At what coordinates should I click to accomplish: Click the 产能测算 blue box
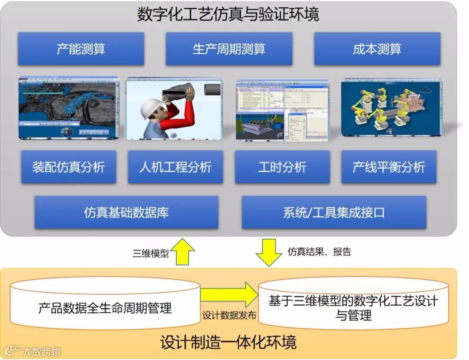[81, 49]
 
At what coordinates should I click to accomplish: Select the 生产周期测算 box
[229, 49]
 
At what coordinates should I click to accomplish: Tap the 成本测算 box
[377, 49]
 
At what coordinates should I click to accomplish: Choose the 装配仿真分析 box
[69, 167]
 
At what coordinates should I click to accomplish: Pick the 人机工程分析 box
[175, 167]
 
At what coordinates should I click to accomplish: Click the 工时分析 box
[282, 167]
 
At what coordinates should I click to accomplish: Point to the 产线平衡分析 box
[389, 167]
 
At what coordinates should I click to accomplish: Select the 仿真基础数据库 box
[126, 212]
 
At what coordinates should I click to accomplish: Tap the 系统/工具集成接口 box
[334, 212]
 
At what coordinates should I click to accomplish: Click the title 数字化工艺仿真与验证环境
[228, 14]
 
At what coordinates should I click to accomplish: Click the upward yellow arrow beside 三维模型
[182, 251]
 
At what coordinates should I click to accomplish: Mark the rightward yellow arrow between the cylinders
[229, 295]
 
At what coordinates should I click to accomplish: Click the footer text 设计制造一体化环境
[228, 342]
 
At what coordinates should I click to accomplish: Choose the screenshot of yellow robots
[391, 108]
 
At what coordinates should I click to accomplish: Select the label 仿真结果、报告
[319, 251]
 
